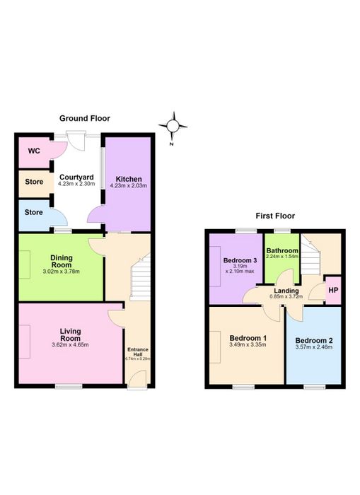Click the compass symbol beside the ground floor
[x=173, y=127]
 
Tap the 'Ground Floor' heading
[x=85, y=118]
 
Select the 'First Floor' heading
[x=275, y=216]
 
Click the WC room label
[x=34, y=151]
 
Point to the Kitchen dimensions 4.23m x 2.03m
[x=129, y=185]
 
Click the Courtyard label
[x=76, y=177]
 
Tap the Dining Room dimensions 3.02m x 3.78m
[x=62, y=271]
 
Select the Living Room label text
[x=71, y=334]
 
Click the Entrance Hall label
[x=138, y=351]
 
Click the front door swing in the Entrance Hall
[x=138, y=377]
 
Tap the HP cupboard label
[x=333, y=290]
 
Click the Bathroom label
[x=282, y=250]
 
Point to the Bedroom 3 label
[x=240, y=260]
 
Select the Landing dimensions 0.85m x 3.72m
[x=286, y=296]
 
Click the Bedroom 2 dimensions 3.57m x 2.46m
[x=313, y=347]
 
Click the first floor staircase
[x=310, y=255]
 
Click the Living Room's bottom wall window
[x=69, y=386]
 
